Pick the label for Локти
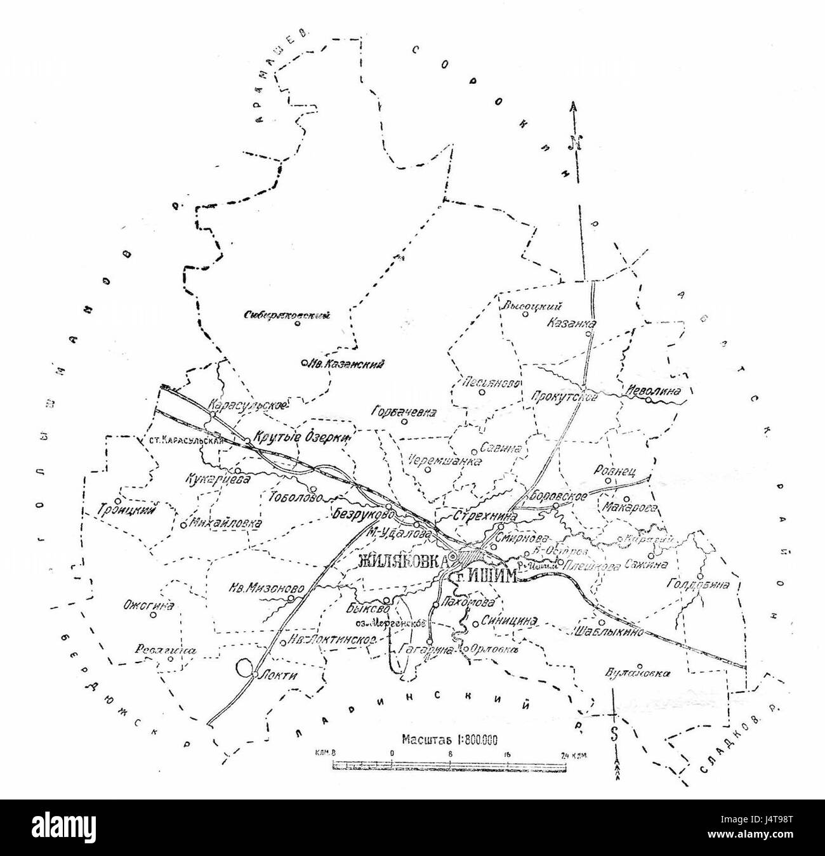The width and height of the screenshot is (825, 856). [x=278, y=676]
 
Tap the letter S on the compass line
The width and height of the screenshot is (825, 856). [x=614, y=734]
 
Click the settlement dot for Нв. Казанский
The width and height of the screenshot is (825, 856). [x=305, y=364]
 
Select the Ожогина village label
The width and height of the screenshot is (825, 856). [x=148, y=606]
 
